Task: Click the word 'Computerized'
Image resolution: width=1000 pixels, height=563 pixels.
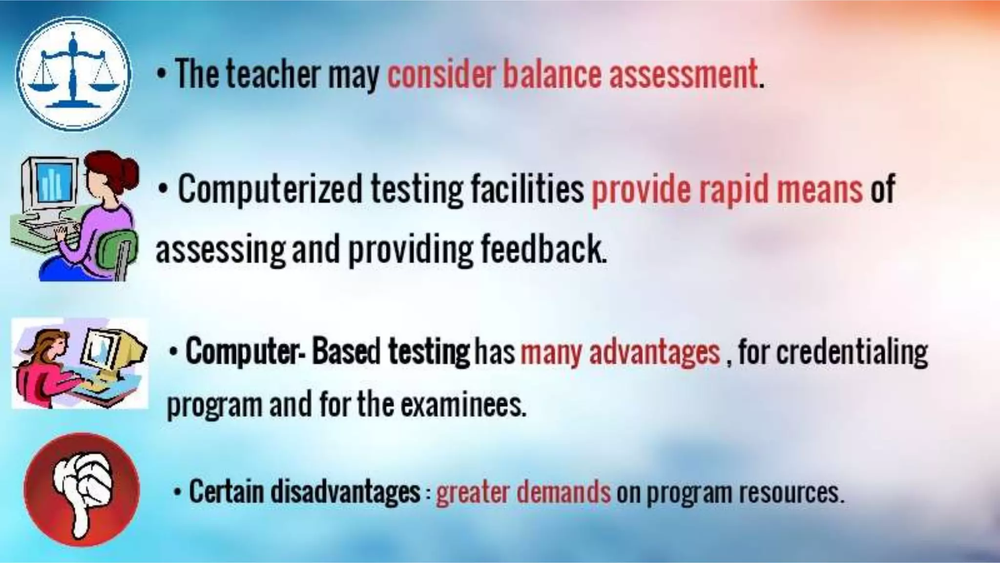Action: pos(270,190)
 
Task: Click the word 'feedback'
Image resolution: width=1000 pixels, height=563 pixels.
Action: pos(543,249)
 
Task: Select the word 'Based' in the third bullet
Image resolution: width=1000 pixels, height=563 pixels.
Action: pos(346,351)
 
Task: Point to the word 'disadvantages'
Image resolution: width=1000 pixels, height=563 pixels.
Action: pos(346,491)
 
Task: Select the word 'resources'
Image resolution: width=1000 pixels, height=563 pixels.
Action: pos(791,491)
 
